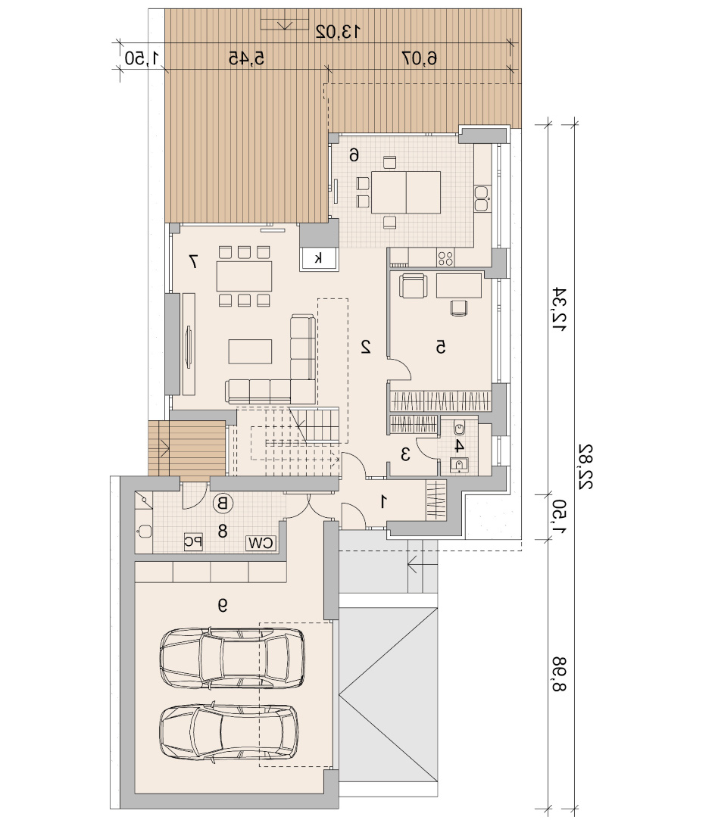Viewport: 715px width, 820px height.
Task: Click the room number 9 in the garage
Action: [223, 605]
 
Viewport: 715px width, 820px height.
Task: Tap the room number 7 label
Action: [194, 261]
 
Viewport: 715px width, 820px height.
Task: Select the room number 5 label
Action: [441, 347]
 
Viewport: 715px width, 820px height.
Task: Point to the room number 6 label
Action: [354, 154]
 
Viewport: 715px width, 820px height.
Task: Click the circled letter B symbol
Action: [223, 504]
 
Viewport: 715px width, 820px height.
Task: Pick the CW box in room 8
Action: [261, 543]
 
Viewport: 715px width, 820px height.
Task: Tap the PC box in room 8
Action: [193, 541]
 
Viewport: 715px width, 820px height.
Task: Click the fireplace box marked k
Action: [319, 258]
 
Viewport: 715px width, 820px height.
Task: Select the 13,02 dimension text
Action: [338, 32]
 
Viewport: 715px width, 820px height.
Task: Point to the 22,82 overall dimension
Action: [585, 467]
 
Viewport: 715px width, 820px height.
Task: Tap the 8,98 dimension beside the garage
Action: [559, 674]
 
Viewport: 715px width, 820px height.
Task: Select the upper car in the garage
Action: [232, 658]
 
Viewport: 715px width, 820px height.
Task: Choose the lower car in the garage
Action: [229, 734]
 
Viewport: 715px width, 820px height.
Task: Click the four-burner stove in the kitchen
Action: [445, 258]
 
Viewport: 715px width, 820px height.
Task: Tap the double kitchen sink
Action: [482, 198]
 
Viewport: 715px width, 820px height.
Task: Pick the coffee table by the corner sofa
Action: [250, 351]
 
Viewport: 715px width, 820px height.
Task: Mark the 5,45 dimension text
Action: [246, 58]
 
